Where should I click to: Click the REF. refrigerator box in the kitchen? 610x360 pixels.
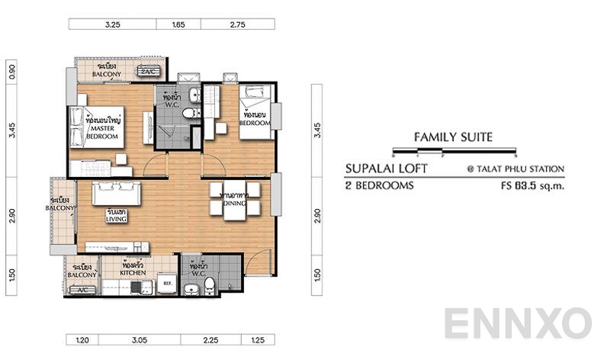pyautogui.click(x=169, y=284)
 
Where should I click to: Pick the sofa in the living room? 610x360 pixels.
pyautogui.click(x=117, y=194)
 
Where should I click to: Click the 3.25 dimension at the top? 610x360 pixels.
pyautogui.click(x=112, y=24)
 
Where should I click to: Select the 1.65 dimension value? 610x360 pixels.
pyautogui.click(x=179, y=24)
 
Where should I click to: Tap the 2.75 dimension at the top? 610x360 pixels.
pyautogui.click(x=237, y=24)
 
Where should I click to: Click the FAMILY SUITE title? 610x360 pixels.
pyautogui.click(x=453, y=137)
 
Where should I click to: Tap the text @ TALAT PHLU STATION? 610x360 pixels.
pyautogui.click(x=516, y=169)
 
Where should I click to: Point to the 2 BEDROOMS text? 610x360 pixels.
pyautogui.click(x=380, y=185)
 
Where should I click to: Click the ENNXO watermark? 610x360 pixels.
pyautogui.click(x=518, y=323)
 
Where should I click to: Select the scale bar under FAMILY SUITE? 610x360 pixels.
pyautogui.click(x=453, y=152)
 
